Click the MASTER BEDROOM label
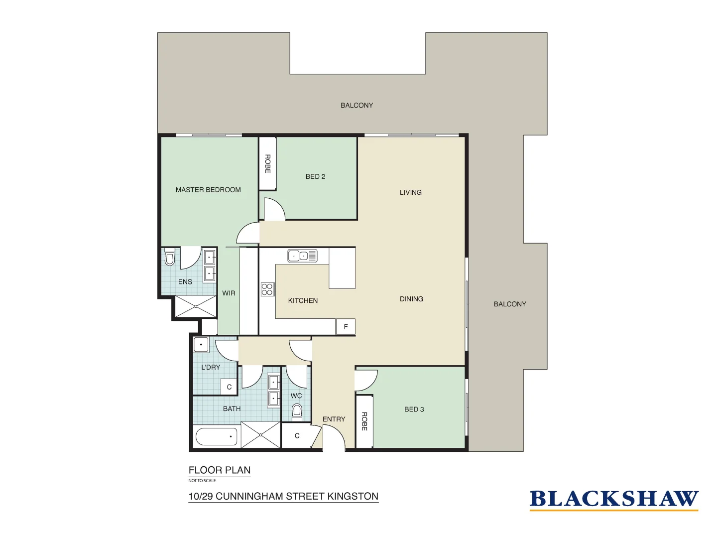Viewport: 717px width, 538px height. tap(208, 190)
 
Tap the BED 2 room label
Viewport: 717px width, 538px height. tap(315, 176)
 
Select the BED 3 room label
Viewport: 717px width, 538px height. tap(414, 409)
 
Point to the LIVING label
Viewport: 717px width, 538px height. tap(410, 192)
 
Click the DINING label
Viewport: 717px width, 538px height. tap(411, 299)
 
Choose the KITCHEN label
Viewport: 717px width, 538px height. tap(303, 300)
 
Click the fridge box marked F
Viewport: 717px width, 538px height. tap(346, 327)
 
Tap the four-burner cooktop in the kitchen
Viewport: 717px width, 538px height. tap(267, 289)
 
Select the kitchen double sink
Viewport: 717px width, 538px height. tap(302, 256)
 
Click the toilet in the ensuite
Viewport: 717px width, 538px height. tap(170, 259)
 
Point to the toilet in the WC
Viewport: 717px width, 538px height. tap(297, 411)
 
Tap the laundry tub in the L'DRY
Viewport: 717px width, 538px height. tap(201, 345)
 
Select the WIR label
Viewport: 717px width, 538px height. tap(229, 293)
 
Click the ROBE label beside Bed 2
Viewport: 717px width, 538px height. tap(267, 164)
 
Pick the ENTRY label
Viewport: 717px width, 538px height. tap(334, 419)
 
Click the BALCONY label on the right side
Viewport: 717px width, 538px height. tap(510, 304)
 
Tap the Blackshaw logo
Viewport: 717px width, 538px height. tap(613, 499)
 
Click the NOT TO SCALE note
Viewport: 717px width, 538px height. tap(202, 481)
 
